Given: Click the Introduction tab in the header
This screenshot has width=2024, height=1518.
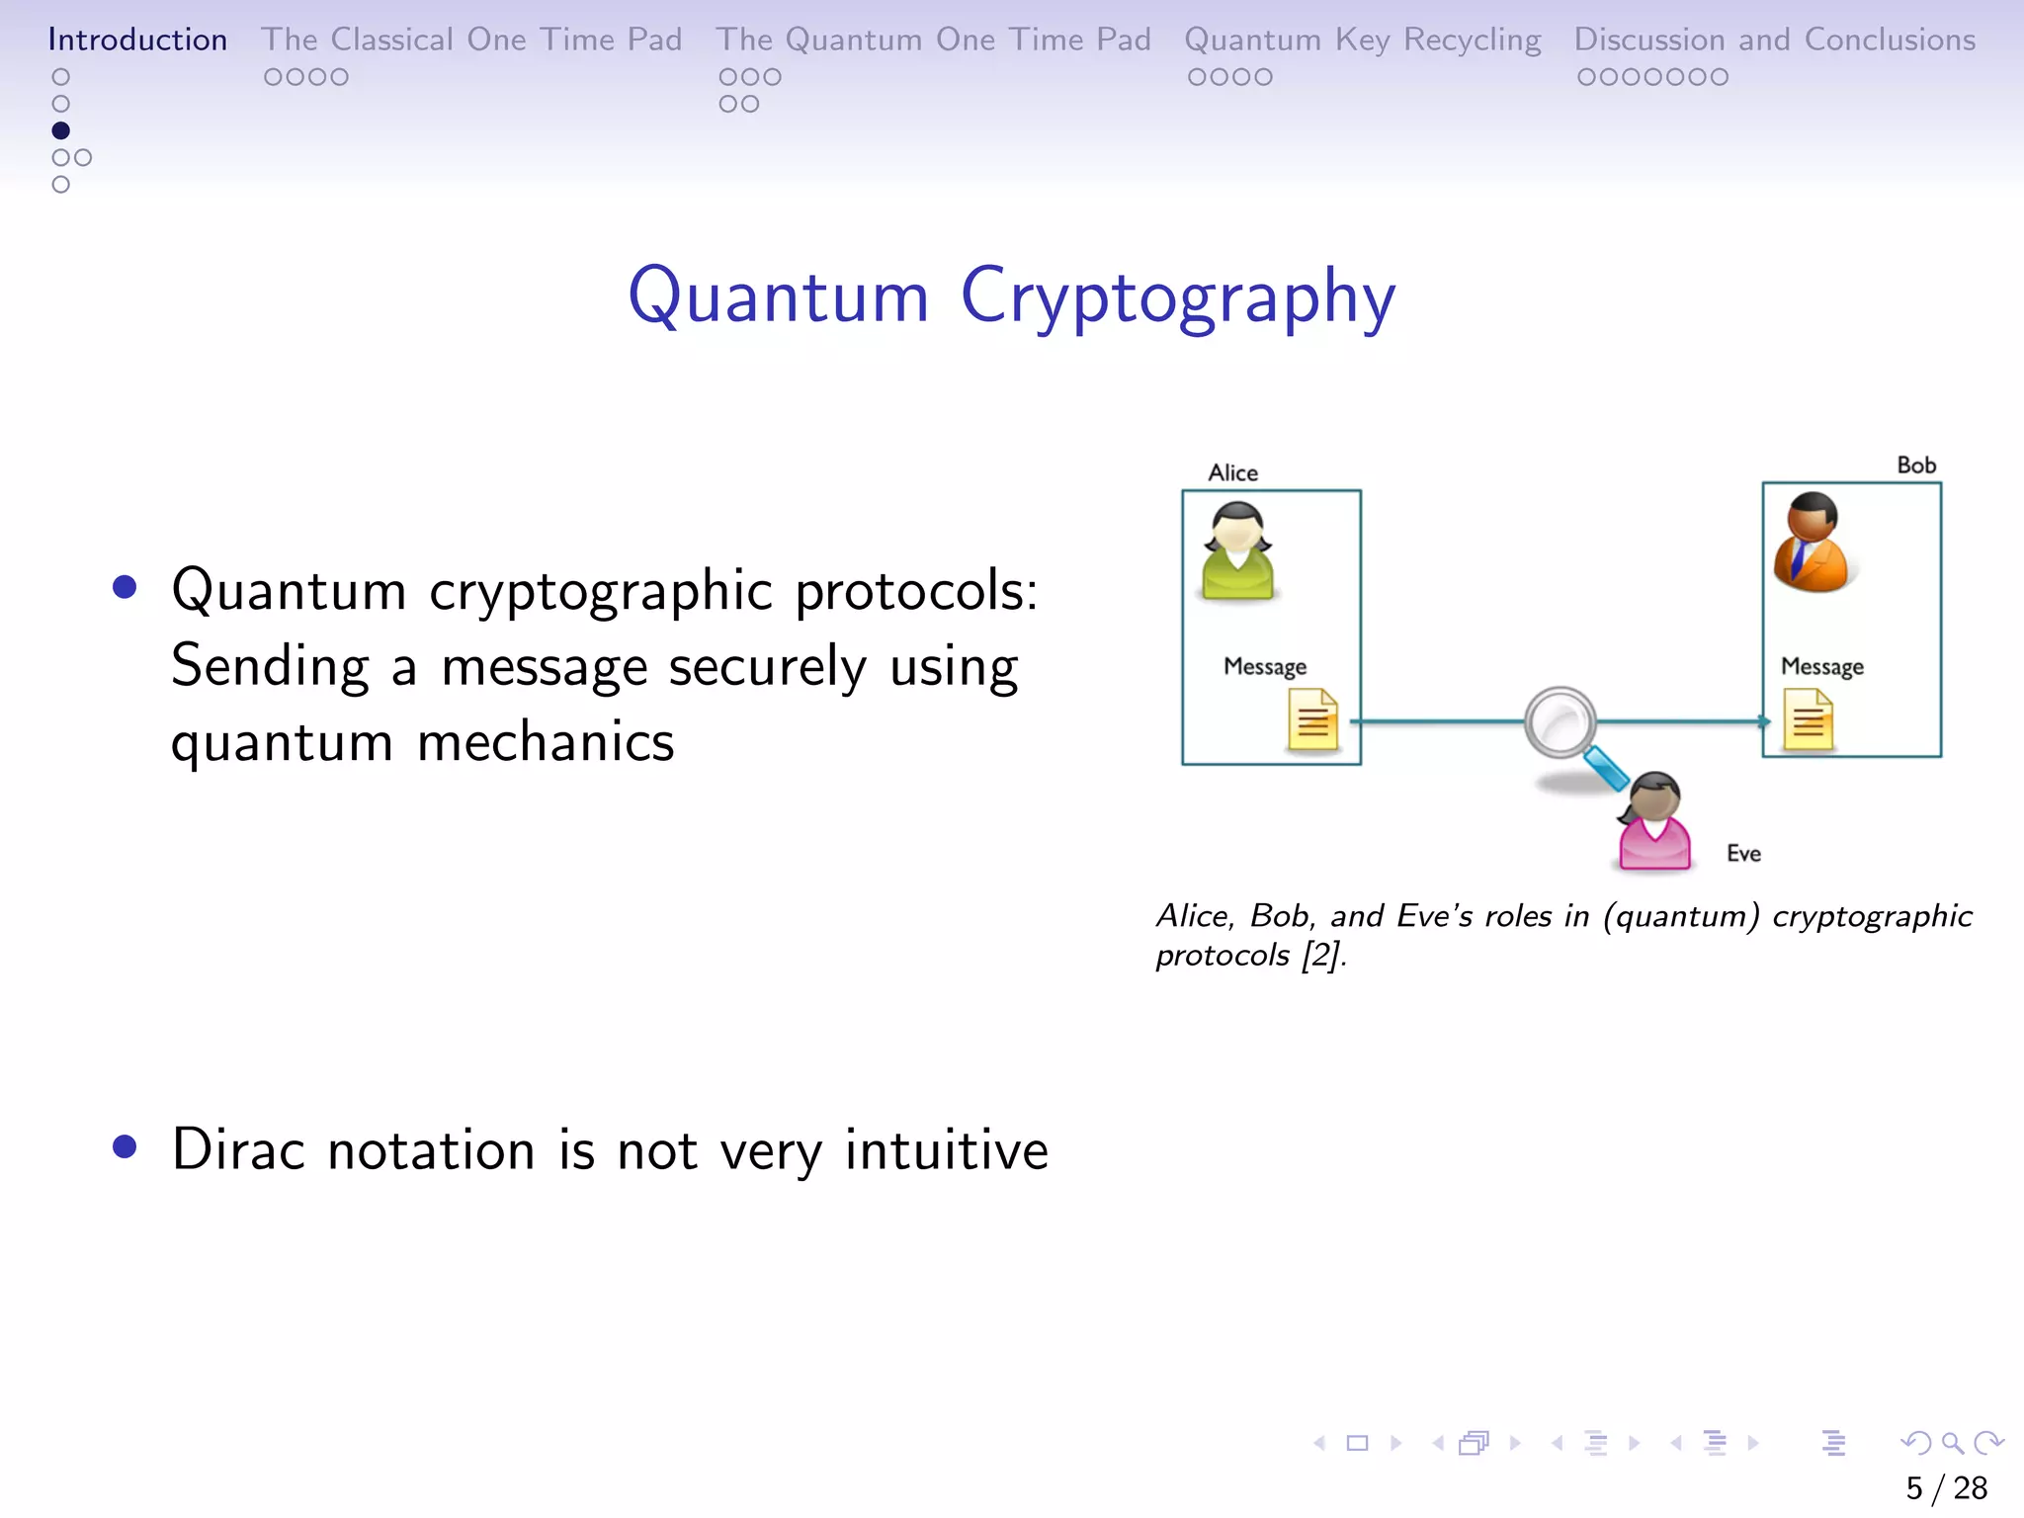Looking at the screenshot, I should tap(137, 40).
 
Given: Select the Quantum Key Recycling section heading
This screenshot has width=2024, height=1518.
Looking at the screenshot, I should tap(1362, 40).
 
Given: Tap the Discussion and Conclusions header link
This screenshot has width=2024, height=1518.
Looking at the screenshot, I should tap(1774, 40).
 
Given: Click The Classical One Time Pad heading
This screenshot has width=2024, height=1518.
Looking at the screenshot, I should tap(471, 40).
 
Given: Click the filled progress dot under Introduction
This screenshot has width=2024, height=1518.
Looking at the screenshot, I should tap(60, 130).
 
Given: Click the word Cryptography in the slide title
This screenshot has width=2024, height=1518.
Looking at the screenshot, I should tap(1177, 295).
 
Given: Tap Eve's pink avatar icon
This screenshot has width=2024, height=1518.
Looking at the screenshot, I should tap(1653, 822).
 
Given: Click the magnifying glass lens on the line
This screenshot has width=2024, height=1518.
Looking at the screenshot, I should tap(1560, 722).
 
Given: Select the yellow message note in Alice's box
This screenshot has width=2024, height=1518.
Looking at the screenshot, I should tap(1312, 720).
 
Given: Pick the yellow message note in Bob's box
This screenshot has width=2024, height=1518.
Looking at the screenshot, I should tap(1808, 720).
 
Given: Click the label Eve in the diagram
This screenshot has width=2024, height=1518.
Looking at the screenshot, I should tap(1743, 853).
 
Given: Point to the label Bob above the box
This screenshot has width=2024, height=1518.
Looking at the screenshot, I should tap(1915, 465).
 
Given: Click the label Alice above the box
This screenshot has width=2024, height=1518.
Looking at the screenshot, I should tap(1232, 472).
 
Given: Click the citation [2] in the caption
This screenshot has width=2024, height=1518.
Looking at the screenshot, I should tap(1321, 956).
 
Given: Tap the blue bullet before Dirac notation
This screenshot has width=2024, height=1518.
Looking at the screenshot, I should tap(125, 1146).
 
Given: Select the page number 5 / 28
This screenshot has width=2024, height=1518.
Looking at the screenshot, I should tap(1945, 1487).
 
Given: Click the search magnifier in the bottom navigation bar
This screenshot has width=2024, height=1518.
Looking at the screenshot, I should tap(1952, 1443).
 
